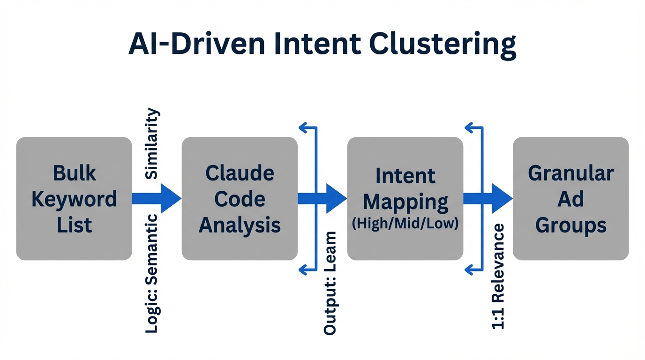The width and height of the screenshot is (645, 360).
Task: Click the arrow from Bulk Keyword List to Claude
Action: pos(157,198)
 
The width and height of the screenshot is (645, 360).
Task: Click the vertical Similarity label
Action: pos(152,143)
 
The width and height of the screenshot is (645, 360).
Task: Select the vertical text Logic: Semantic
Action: pos(152,273)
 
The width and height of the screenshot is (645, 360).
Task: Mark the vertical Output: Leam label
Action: pos(330,283)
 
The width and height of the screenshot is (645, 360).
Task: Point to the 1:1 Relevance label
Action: pos(498,277)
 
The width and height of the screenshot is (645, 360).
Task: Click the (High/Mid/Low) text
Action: pos(405,223)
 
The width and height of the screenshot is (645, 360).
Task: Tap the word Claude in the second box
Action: pos(240,173)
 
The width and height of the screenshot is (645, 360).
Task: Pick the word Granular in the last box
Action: pos(570,173)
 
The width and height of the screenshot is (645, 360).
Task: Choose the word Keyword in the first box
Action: pos(74,199)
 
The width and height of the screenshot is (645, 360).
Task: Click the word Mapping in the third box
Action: pos(405,202)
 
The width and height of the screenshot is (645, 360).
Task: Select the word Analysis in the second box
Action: pos(240,225)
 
